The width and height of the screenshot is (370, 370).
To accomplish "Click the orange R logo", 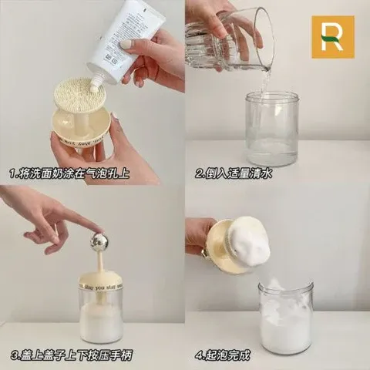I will coord(332,37).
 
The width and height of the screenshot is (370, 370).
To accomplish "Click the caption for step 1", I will coord(69,173).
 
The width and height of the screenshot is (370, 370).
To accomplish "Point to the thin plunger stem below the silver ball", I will coord(100,261).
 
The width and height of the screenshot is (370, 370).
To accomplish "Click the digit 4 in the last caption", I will coord(199,355).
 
